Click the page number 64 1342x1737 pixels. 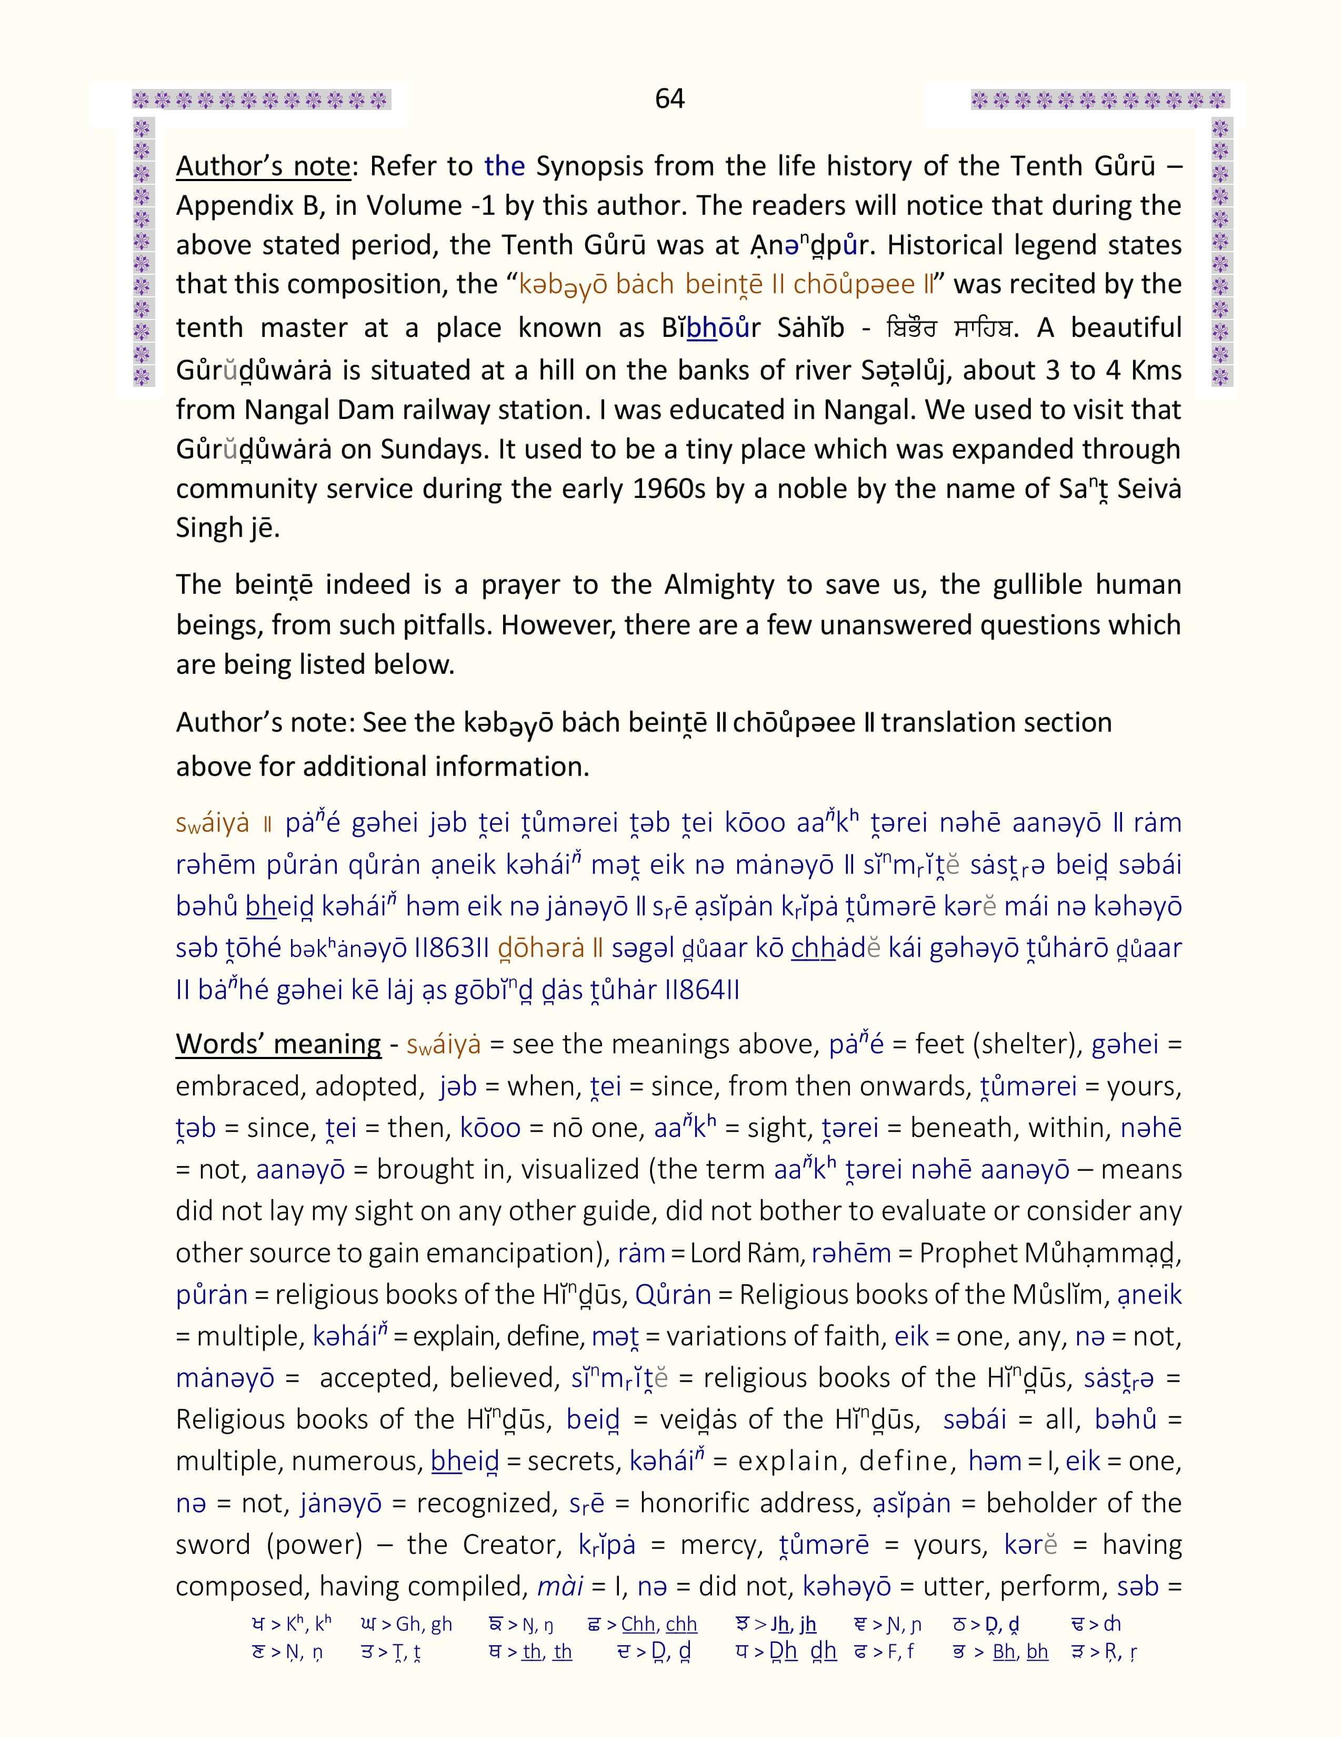coord(669,98)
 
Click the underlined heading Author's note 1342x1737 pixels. coord(263,166)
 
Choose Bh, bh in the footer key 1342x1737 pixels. coord(1021,1652)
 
